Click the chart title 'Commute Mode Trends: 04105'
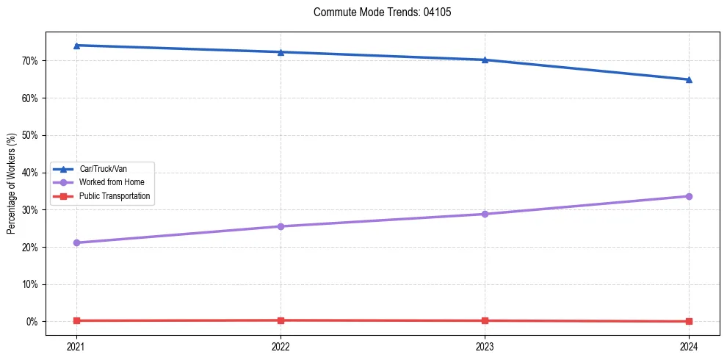(376, 12)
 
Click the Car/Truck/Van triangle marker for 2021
(76, 46)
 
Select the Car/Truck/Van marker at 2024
(689, 79)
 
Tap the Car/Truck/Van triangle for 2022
(281, 52)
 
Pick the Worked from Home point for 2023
(485, 214)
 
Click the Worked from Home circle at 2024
(689, 196)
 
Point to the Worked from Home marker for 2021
(76, 242)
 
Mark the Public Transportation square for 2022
(281, 320)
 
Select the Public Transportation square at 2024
(689, 321)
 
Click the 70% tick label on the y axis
(30, 60)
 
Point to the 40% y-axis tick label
(30, 173)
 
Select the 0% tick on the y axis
(32, 322)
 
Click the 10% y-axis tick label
(30, 284)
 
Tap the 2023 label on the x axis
(485, 345)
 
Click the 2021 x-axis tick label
(76, 345)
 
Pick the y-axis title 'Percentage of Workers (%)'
(12, 184)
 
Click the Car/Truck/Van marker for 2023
(485, 60)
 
